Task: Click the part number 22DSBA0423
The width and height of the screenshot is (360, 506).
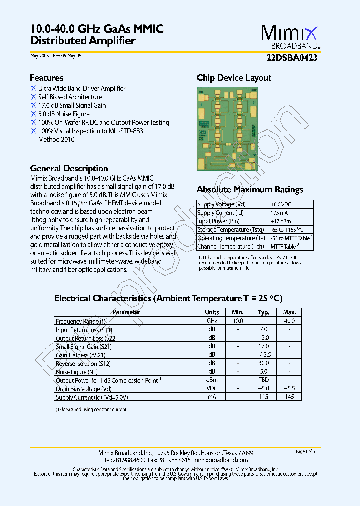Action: pos(292,57)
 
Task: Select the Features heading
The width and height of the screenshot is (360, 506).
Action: pos(46,78)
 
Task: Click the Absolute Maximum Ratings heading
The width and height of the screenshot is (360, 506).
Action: pos(249,190)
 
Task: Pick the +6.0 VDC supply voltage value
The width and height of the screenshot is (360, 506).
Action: pos(281,204)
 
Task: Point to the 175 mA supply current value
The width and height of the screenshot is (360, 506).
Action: pos(279,213)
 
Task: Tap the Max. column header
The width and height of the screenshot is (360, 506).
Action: pos(289,312)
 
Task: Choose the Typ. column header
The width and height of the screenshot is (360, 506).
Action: pos(264,312)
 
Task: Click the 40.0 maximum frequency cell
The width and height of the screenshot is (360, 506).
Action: pos(289,321)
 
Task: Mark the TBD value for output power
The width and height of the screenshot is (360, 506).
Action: pos(264,380)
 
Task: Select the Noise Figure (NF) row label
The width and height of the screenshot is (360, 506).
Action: pos(77,372)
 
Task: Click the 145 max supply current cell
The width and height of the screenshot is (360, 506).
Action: pos(289,397)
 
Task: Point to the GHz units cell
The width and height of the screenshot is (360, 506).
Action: pos(212,321)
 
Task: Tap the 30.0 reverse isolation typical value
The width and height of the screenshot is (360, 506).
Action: pos(264,363)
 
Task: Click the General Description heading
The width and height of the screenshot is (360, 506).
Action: pos(69,168)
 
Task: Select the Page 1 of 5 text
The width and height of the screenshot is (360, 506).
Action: pos(305,451)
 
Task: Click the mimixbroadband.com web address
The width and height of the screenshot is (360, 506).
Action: pos(220,460)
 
